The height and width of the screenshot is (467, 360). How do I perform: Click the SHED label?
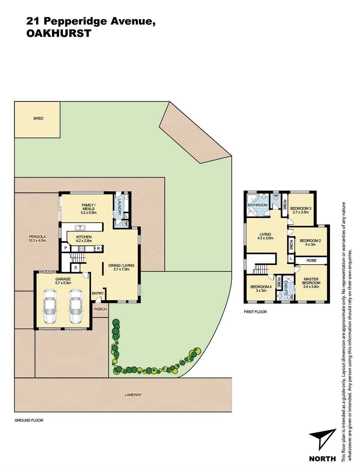pos(38,118)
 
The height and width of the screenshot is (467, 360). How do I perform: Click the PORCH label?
pos(100,309)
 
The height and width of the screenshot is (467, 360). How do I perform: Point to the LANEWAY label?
pos(133,395)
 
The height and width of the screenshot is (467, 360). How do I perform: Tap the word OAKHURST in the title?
pos(59,33)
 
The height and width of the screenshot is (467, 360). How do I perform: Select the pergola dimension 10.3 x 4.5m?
pos(37,241)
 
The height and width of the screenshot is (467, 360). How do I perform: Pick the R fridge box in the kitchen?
pos(98,248)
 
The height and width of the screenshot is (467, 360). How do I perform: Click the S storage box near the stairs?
pos(75,268)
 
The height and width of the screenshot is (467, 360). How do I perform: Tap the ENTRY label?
pos(98,293)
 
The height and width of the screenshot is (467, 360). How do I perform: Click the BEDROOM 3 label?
pos(300,208)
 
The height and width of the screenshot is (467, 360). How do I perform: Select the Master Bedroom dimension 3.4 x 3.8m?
pos(311,287)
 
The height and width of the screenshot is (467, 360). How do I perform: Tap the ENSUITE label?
pos(286,288)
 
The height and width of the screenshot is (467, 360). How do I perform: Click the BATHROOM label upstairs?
pos(257,205)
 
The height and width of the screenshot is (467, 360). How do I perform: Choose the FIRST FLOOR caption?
pos(255,312)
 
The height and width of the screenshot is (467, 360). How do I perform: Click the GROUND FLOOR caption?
pos(29,420)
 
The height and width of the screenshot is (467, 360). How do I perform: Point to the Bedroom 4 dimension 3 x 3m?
pos(261,291)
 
